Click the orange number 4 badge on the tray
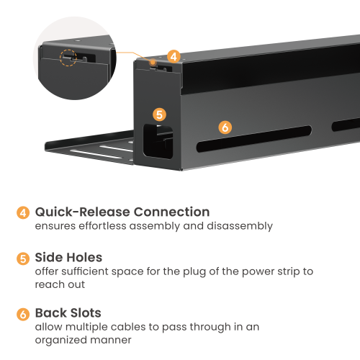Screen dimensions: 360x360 tap(173, 55)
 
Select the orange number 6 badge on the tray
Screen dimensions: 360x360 tap(225, 127)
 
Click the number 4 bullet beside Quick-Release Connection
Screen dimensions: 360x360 tap(24, 212)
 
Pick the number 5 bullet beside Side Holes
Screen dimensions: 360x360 tap(24, 258)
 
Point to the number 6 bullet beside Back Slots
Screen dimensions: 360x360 tap(24, 314)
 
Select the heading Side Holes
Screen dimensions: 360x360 tap(69, 257)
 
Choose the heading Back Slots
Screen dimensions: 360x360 tap(70, 313)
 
